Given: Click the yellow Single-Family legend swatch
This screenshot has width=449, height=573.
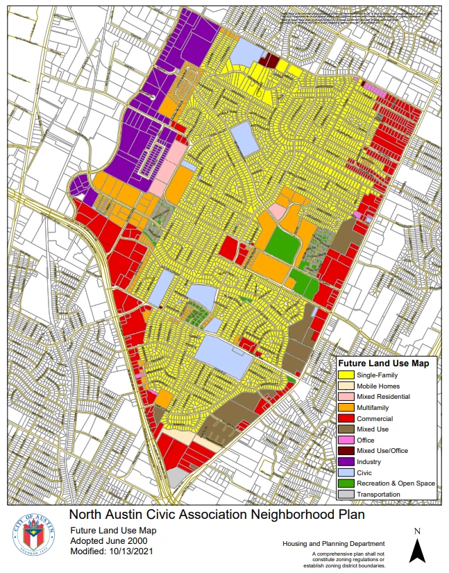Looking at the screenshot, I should [346, 375].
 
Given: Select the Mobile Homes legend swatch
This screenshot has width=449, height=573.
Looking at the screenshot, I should [346, 386].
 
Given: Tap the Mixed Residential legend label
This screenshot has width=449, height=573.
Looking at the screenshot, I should [383, 397].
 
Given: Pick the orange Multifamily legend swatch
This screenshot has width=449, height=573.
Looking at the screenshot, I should [346, 407].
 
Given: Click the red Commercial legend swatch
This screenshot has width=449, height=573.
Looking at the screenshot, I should [346, 418].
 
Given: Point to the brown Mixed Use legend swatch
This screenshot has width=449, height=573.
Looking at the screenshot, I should [346, 429].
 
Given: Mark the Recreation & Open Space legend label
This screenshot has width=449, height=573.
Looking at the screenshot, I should [396, 484].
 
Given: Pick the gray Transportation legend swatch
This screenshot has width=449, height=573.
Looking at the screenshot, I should [346, 494].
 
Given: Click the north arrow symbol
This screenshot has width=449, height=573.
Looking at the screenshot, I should [416, 549].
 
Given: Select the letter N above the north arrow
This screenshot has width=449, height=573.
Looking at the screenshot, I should [416, 531].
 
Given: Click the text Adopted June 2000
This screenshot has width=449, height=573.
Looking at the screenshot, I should [104, 541].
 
